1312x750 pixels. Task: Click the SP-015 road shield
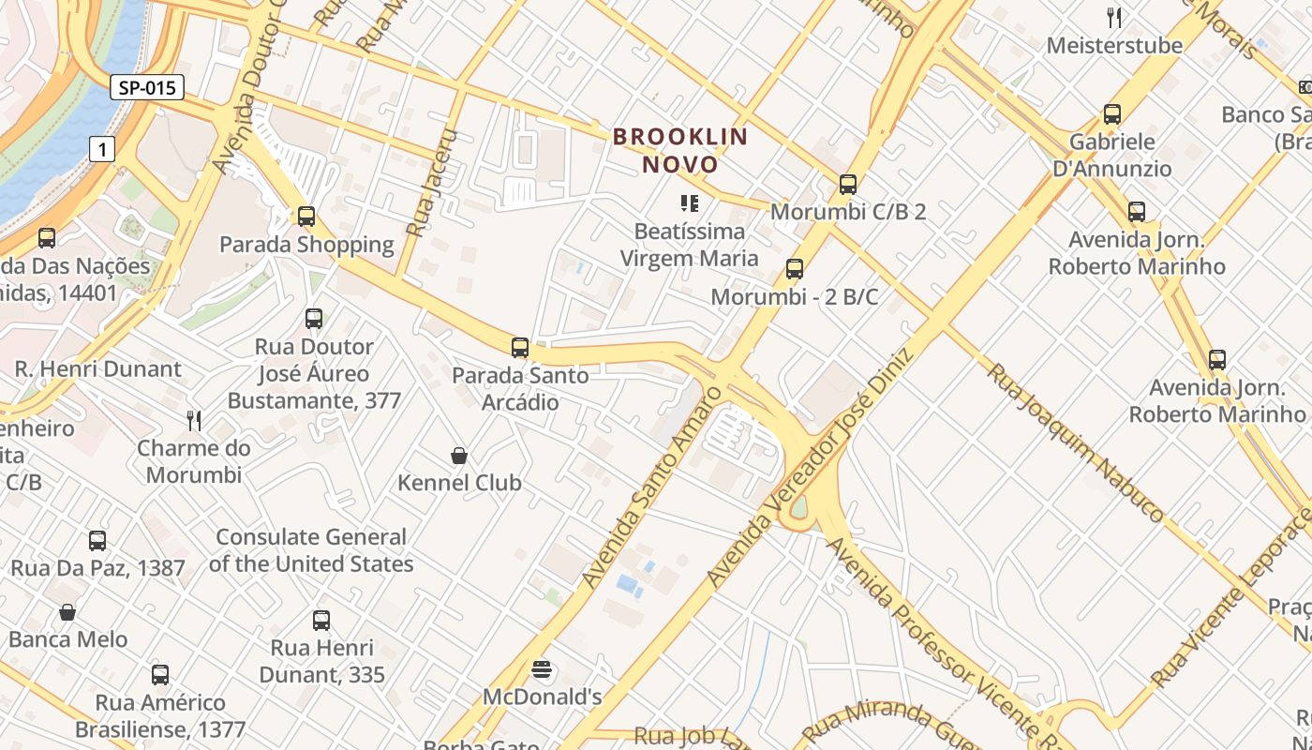coord(147,88)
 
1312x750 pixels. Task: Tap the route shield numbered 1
coord(102,148)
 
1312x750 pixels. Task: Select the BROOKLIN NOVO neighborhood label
coord(680,151)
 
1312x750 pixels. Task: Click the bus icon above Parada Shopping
coord(306,217)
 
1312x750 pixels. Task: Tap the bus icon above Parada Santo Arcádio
coord(520,348)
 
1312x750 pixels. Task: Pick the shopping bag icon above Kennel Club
coord(459,456)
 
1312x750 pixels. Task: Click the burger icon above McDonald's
coord(542,669)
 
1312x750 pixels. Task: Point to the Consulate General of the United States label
coord(310,550)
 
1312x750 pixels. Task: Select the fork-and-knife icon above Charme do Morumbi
coord(194,419)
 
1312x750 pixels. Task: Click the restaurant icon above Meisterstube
coord(1114,17)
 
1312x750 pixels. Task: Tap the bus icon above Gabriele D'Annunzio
coord(1112,114)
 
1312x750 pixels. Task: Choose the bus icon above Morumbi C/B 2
coord(848,185)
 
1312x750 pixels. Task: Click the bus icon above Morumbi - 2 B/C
coord(795,269)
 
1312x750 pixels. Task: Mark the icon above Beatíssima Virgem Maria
coord(690,203)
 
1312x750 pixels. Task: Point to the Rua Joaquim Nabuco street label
coord(1075,442)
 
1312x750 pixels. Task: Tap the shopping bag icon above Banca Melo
coord(67,612)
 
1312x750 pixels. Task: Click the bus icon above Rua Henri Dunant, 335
coord(321,620)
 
